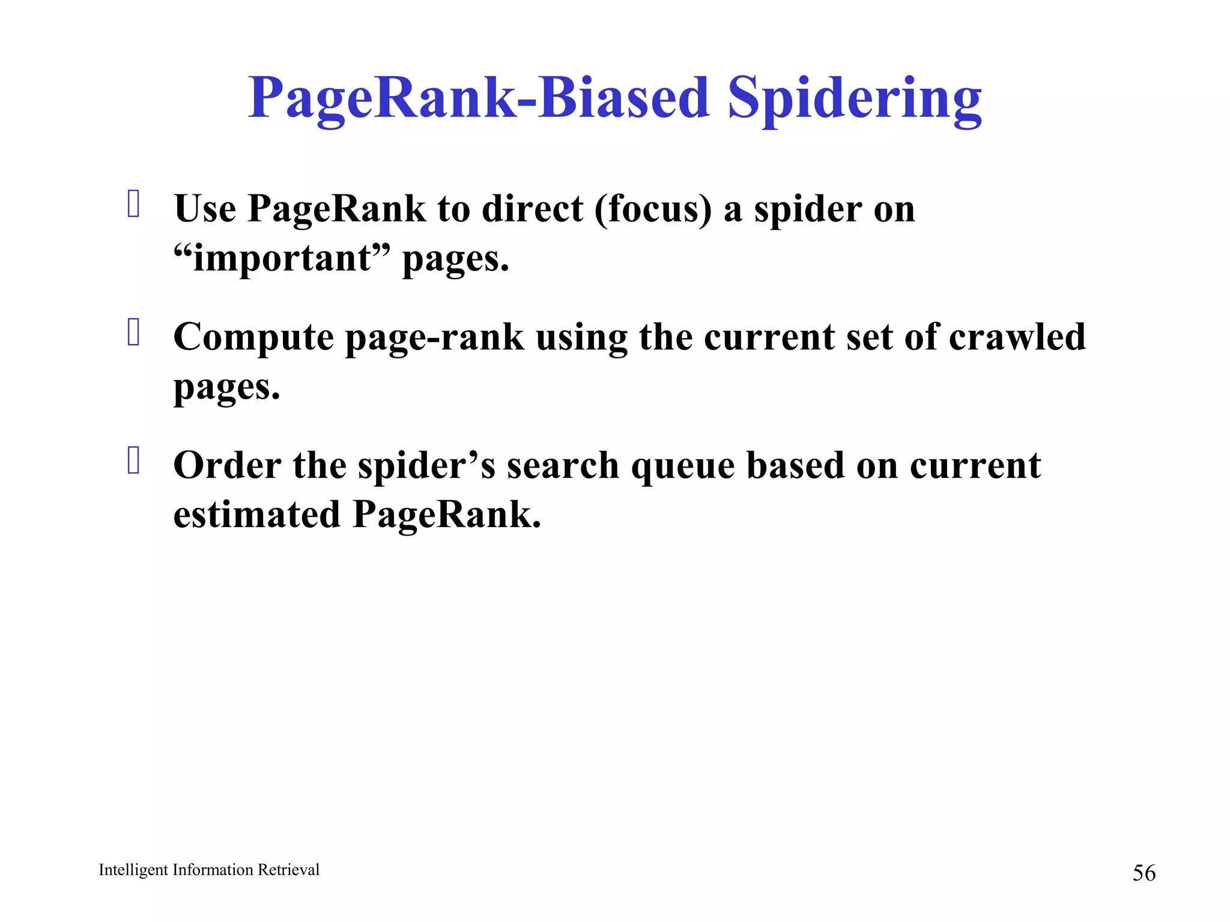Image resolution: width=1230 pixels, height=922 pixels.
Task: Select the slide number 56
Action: pyautogui.click(x=1144, y=873)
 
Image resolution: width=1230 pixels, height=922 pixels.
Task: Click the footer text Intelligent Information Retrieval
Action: pyautogui.click(x=209, y=870)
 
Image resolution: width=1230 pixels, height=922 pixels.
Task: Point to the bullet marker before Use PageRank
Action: pyautogui.click(x=134, y=203)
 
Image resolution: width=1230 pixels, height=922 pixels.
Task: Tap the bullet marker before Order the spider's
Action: pyautogui.click(x=134, y=460)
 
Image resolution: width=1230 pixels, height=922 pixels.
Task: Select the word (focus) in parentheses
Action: pyautogui.click(x=653, y=209)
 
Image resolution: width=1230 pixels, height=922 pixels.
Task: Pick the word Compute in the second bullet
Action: pyautogui.click(x=253, y=338)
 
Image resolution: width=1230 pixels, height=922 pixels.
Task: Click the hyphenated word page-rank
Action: pyautogui.click(x=434, y=338)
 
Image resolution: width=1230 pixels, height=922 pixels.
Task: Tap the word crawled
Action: pyautogui.click(x=1017, y=337)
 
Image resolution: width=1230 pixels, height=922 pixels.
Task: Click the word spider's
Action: pyautogui.click(x=426, y=466)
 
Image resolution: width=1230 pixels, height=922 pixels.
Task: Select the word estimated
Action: pyautogui.click(x=256, y=515)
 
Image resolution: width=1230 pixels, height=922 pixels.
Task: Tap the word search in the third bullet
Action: pyautogui.click(x=563, y=465)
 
